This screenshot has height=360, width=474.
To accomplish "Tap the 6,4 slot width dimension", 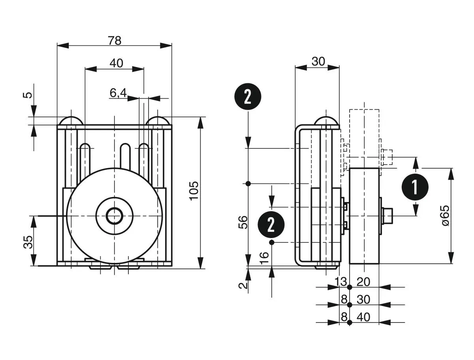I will tap(118, 93).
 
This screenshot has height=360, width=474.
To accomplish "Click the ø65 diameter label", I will tap(446, 216).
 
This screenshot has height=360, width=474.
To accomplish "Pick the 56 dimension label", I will tap(243, 223).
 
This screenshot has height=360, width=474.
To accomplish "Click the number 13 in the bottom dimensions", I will tap(340, 282).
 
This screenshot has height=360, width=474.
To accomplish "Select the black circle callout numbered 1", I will tap(415, 187).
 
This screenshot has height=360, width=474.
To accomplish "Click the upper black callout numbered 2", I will tap(248, 96).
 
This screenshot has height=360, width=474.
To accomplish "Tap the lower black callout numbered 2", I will tap(271, 224).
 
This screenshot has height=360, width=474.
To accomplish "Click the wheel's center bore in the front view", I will tap(115, 216).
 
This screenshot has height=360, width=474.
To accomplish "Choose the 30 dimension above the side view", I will tap(318, 61).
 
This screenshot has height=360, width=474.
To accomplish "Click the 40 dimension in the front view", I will tap(116, 63).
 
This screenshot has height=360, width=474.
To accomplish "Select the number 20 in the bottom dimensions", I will tap(363, 282).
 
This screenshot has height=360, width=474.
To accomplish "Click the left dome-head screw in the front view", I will tap(71, 120).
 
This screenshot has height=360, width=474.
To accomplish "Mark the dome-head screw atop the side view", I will tap(326, 121).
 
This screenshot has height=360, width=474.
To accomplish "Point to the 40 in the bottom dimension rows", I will tap(363, 317).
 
